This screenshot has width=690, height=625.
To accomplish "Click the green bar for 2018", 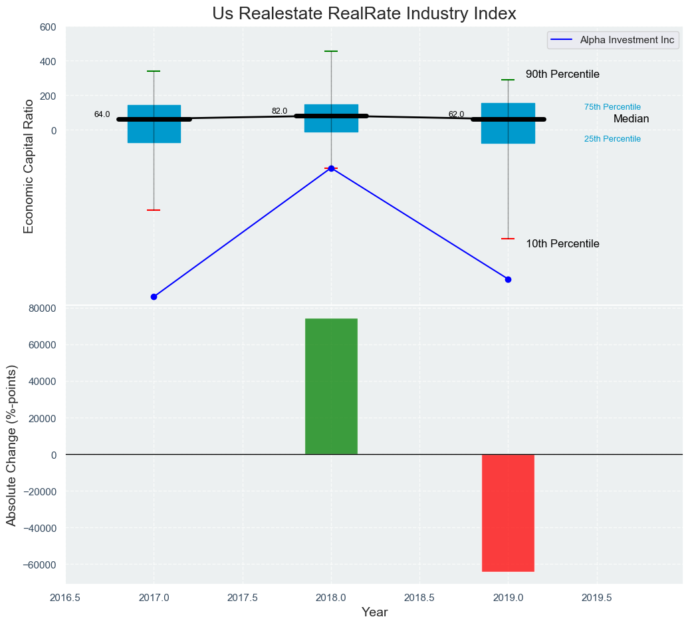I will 331,386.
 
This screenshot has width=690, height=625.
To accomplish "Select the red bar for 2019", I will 508,513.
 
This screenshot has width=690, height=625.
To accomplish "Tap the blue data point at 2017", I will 154,297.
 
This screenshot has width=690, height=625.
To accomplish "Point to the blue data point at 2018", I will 331,168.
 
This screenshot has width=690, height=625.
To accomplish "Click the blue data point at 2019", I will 508,279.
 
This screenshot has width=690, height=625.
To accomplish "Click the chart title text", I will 364,13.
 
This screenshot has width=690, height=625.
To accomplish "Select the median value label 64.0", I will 102,114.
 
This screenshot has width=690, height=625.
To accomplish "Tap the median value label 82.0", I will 279,111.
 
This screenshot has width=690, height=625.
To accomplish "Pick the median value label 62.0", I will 456,114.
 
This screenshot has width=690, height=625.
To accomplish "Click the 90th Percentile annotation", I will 562,74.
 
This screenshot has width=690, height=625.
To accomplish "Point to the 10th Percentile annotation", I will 562,244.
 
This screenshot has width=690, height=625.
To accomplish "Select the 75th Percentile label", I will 612,107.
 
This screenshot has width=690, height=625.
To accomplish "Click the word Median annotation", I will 631,119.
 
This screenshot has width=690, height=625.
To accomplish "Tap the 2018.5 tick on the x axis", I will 419,598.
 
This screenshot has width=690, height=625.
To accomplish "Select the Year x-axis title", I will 375,612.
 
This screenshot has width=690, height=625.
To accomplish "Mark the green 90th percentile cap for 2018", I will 331,51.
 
